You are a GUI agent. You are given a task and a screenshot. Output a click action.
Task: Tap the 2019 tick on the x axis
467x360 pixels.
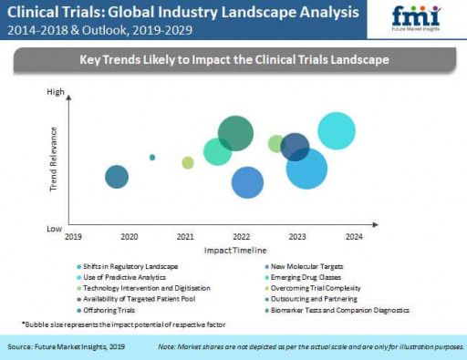[72, 236]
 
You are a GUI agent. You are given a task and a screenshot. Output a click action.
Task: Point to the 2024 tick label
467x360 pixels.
[354, 236]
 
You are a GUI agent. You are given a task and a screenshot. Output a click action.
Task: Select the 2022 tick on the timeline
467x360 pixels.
[241, 236]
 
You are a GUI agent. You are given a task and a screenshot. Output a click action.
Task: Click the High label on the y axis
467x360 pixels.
[56, 91]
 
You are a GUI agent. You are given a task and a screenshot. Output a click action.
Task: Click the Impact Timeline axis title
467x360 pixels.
[235, 249]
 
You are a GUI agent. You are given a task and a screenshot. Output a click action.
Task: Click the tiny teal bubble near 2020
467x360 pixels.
[152, 157]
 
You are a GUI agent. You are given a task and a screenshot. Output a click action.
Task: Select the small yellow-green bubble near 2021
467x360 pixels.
[188, 162]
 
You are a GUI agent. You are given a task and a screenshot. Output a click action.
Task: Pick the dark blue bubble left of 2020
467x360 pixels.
[116, 177]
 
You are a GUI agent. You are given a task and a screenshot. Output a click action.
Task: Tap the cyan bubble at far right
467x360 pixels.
[337, 130]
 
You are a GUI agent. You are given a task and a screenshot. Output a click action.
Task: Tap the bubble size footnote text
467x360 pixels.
[123, 324]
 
